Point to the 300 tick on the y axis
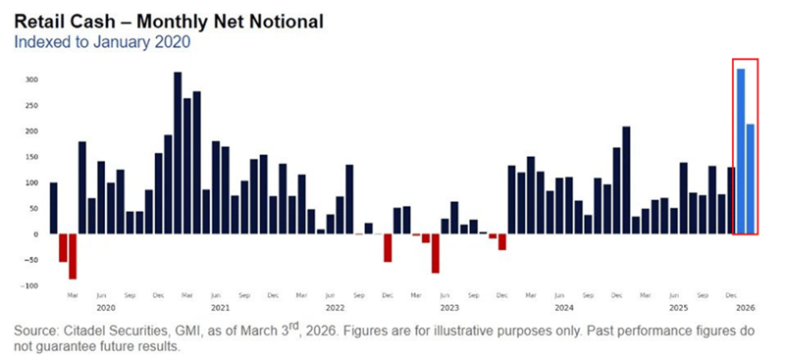pyautogui.click(x=30, y=79)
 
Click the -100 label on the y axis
pyautogui.click(x=28, y=285)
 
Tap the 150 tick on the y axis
pyautogui.click(x=30, y=157)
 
